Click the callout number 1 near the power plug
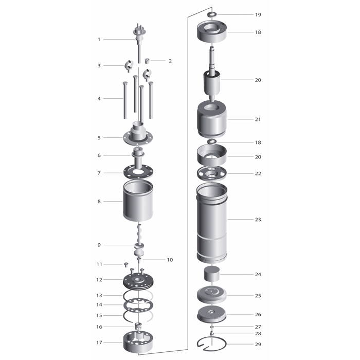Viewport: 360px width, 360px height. click(99, 40)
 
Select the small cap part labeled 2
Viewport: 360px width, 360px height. click(147, 61)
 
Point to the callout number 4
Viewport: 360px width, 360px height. click(99, 99)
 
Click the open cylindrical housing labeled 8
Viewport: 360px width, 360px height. click(138, 201)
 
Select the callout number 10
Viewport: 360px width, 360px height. click(170, 260)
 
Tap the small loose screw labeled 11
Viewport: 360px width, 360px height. click(126, 265)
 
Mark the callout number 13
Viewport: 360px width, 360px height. click(99, 296)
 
